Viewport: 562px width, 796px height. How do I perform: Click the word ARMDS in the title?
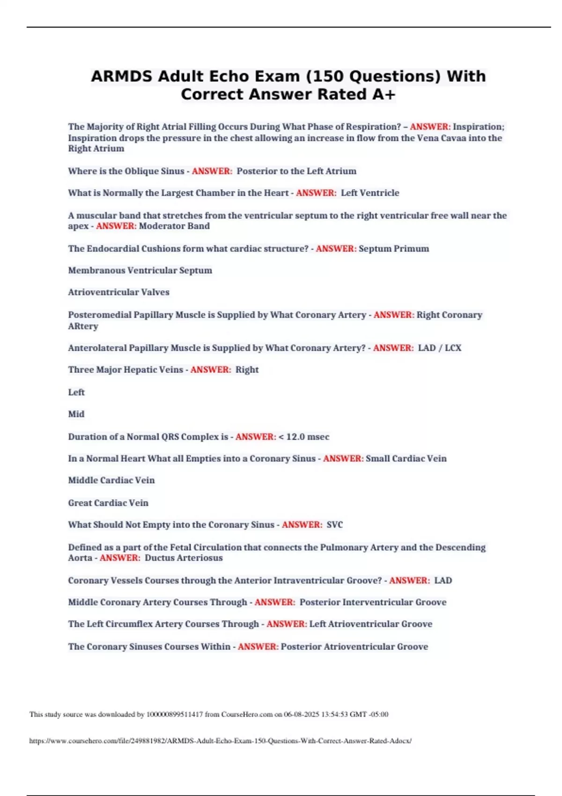click(x=121, y=76)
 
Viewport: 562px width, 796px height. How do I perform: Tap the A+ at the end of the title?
click(x=384, y=95)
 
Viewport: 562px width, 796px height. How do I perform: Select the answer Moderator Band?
click(x=174, y=226)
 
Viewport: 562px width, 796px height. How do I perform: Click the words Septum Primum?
click(x=393, y=249)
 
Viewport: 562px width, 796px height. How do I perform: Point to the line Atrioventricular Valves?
click(x=118, y=292)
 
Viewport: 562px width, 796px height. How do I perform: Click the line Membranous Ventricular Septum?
click(x=140, y=271)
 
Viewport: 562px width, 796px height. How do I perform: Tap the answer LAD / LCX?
click(x=439, y=348)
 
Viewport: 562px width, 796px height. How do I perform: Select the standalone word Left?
click(x=76, y=392)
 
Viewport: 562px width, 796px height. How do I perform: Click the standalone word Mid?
click(x=76, y=414)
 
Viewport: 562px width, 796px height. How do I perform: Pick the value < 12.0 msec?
click(x=303, y=437)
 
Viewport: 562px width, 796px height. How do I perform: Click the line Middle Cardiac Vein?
click(x=111, y=480)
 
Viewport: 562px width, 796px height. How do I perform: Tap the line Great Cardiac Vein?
click(x=108, y=503)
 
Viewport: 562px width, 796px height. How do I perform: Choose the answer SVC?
click(x=334, y=525)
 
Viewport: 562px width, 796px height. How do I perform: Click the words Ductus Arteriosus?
click(x=184, y=558)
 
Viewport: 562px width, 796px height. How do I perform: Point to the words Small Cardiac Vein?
click(x=406, y=458)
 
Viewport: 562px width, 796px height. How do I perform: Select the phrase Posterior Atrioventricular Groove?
click(x=354, y=647)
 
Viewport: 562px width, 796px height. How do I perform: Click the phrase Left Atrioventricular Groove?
click(x=370, y=624)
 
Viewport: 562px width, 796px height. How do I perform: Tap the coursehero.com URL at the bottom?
click(x=221, y=741)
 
